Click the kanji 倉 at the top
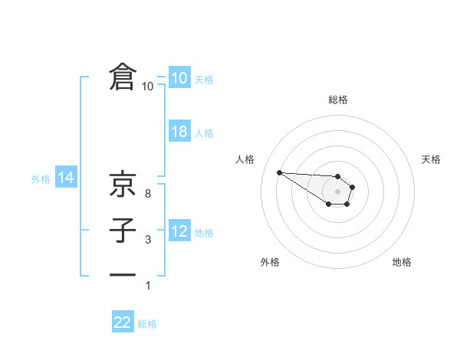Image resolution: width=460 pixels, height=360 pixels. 123,77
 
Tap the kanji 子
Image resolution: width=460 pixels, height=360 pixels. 123,231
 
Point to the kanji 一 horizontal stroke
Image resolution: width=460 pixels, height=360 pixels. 123,273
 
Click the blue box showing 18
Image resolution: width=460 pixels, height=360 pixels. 179,132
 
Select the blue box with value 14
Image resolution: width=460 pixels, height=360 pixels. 65,178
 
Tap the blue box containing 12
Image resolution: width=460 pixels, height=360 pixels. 179,231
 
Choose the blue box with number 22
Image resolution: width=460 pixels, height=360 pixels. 123,322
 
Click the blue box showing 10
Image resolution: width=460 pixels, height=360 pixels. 179,78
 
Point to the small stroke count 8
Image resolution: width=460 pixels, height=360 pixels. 148,194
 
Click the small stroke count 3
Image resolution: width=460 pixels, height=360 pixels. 148,241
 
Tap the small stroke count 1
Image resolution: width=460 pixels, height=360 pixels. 148,286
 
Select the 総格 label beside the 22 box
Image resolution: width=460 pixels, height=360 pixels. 147,324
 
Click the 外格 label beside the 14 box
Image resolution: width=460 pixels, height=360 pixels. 41,179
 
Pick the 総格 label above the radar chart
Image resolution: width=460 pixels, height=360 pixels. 338,100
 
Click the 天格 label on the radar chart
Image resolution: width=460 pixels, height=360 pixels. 431,159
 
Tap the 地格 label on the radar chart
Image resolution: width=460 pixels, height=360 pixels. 402,262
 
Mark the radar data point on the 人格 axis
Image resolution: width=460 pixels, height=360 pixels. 279,172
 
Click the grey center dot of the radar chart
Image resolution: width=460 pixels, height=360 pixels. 338,191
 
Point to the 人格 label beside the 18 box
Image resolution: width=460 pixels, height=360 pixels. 204,133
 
